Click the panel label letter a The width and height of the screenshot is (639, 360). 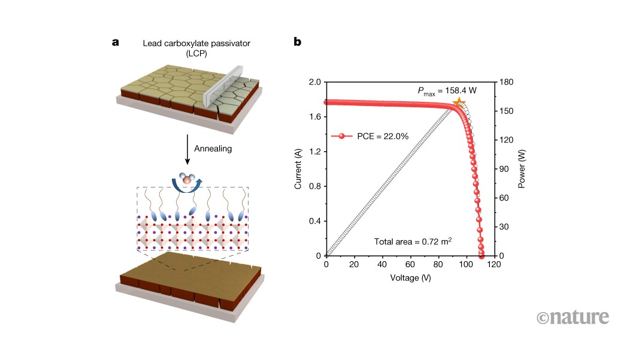click(x=116, y=42)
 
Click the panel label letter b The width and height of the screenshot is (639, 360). click(x=298, y=41)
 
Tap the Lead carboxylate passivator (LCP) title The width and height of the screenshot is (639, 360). click(x=196, y=48)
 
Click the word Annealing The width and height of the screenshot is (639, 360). click(x=213, y=149)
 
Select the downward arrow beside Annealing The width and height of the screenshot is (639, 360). click(x=187, y=149)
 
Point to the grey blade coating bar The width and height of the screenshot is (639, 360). click(x=223, y=87)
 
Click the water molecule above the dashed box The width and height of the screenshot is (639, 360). click(x=187, y=178)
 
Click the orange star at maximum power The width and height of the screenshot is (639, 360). click(x=459, y=102)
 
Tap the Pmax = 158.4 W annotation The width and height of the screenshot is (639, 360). click(x=447, y=91)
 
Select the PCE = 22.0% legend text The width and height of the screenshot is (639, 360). click(x=383, y=136)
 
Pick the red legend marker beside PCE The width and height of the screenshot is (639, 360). click(x=341, y=136)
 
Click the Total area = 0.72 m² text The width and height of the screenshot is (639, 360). click(x=413, y=241)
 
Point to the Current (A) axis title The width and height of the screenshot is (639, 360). click(x=298, y=169)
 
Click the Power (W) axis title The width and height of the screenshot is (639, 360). click(x=521, y=169)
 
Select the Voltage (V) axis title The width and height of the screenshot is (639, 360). click(x=410, y=278)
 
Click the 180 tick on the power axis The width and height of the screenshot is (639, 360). click(x=506, y=82)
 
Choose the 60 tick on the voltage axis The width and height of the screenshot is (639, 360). click(x=410, y=264)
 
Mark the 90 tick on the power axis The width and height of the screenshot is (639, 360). click(x=504, y=169)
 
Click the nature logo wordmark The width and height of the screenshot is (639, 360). click(x=573, y=317)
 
